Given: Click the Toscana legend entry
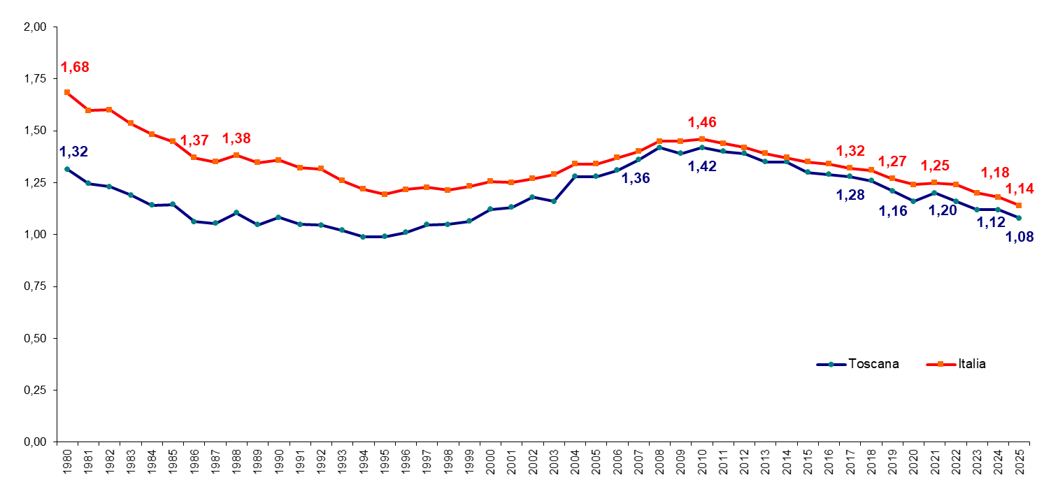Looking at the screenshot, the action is point(858,364).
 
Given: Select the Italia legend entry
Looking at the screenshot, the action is point(956,364).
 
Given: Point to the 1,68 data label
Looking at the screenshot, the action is point(75,67).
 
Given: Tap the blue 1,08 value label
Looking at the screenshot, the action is point(1019,238).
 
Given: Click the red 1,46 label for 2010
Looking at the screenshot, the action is point(702,122).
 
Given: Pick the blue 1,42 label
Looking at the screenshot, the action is point(702,166).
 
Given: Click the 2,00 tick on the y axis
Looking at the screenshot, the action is point(35,27).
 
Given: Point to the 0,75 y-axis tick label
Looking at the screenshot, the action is point(35,286).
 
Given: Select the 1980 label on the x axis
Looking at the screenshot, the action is point(67,462).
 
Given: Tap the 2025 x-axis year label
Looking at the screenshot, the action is point(1019,462).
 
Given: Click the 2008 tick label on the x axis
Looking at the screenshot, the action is point(659,462).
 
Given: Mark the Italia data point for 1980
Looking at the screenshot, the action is point(67,92).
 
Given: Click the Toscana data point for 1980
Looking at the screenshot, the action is point(67,169).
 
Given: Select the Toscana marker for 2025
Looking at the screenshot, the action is point(1019,218).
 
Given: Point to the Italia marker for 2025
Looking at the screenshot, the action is point(1019,205).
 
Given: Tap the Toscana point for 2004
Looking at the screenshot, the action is point(575,177).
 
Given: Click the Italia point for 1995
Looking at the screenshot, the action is point(385,194).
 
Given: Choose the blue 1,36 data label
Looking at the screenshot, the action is point(636,178).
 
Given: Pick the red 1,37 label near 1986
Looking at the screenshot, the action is point(194,140).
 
